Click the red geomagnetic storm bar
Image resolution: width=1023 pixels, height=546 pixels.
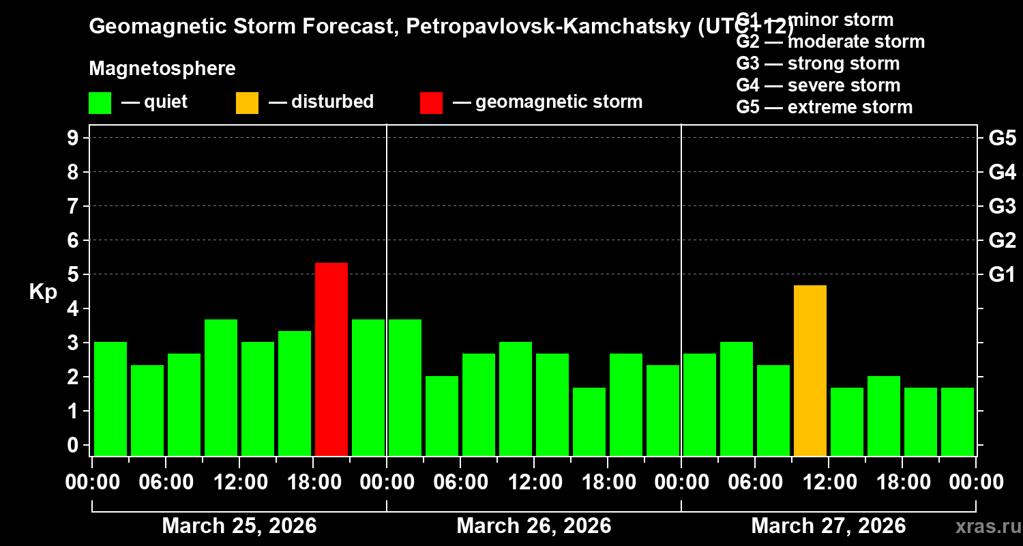[x=331, y=359]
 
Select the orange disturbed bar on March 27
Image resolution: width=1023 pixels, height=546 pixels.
[x=810, y=371]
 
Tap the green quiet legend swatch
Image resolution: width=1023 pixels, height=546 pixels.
[x=100, y=103]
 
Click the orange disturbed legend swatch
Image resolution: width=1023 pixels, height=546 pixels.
[x=247, y=103]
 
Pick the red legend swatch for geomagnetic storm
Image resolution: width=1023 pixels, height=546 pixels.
[x=431, y=103]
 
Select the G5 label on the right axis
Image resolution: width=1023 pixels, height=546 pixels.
[x=1002, y=138]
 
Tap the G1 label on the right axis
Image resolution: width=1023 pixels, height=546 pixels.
[x=1002, y=275]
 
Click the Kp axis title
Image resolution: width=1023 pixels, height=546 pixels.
[x=43, y=292]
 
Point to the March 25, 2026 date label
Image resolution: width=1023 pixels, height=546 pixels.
[x=239, y=526]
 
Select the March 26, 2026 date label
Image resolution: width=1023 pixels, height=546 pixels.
[x=534, y=526]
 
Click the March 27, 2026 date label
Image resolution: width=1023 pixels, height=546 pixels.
[x=829, y=526]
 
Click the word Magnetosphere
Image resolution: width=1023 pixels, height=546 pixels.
[x=162, y=69]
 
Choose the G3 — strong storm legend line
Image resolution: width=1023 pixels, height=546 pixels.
[x=818, y=63]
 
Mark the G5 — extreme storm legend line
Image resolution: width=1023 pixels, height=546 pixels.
[x=824, y=107]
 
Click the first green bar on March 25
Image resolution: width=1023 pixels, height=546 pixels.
[x=110, y=399]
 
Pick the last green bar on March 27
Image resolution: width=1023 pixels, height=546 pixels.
[x=958, y=422]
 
